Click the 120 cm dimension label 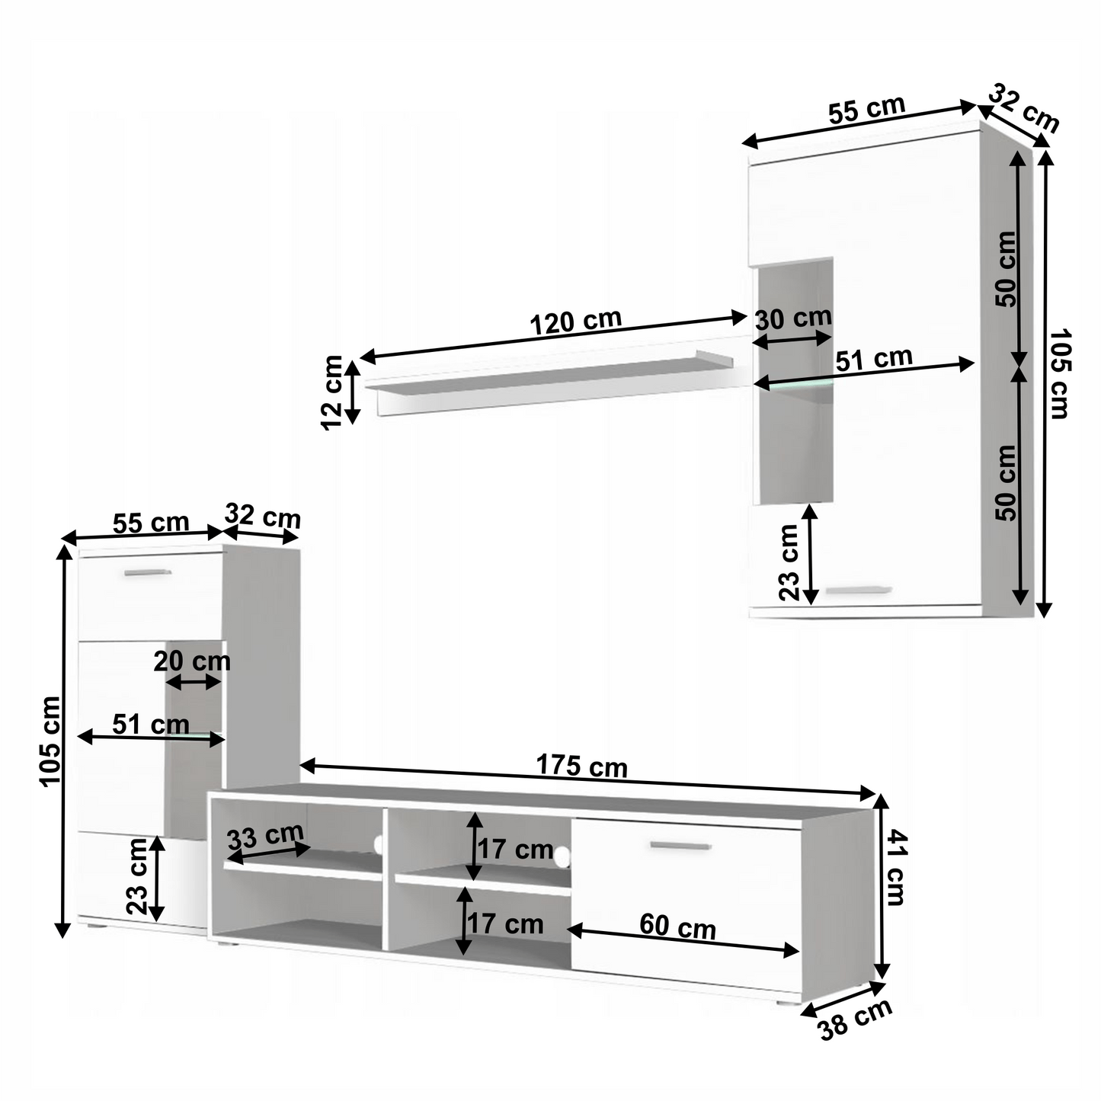pyautogui.click(x=576, y=322)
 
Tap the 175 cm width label pyautogui.click(x=582, y=765)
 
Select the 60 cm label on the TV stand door pyautogui.click(x=677, y=927)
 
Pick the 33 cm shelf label pyautogui.click(x=265, y=837)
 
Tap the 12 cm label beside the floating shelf pyautogui.click(x=332, y=392)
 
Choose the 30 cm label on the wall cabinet pyautogui.click(x=793, y=318)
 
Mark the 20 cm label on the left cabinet pyautogui.click(x=192, y=661)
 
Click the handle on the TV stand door pyautogui.click(x=680, y=845)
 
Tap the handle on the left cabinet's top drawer pyautogui.click(x=148, y=572)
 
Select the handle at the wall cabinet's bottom pyautogui.click(x=859, y=590)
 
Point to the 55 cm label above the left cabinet pyautogui.click(x=151, y=523)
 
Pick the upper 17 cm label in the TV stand pyautogui.click(x=515, y=849)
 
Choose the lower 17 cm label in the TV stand pyautogui.click(x=505, y=924)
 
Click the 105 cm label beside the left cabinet pyautogui.click(x=50, y=741)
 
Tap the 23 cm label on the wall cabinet pyautogui.click(x=789, y=562)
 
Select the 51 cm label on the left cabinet pyautogui.click(x=151, y=724)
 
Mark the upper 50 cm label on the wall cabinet pyautogui.click(x=1006, y=269)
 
